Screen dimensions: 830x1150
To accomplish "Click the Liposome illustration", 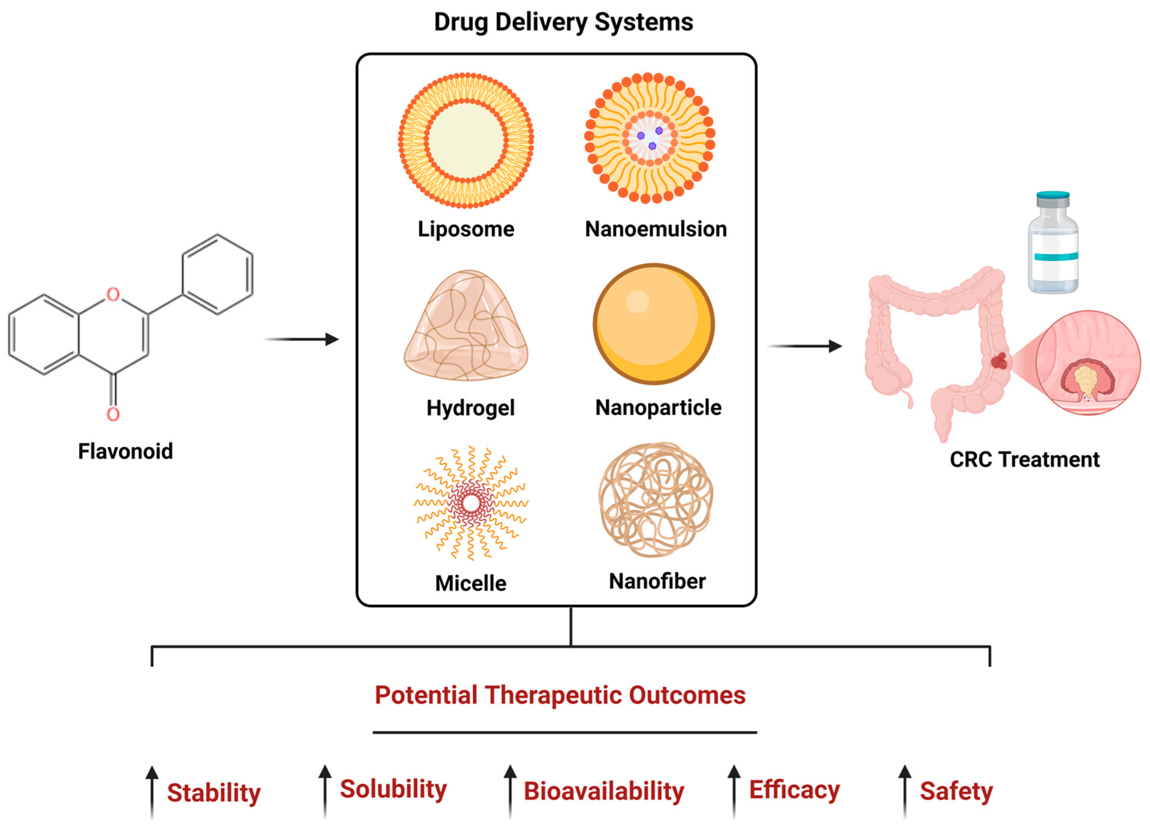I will pos(466,140).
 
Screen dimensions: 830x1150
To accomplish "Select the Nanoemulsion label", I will pos(656,229).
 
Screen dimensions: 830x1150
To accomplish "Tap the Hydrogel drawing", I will pos(466,327).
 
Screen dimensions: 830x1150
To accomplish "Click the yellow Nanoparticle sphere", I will pos(653,324).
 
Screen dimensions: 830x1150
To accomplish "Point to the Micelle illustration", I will pos(470,503).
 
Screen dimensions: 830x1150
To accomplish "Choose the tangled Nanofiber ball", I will pos(656,500).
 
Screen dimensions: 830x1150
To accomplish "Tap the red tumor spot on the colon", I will pos(1000,361).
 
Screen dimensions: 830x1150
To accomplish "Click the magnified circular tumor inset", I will pos(1088,363).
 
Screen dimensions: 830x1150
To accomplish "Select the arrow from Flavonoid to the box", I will pos(302,339).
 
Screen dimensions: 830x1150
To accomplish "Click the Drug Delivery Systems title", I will pos(564,22).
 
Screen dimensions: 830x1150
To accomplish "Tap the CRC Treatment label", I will pos(1024,459).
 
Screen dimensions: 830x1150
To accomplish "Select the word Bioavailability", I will pos(603,791).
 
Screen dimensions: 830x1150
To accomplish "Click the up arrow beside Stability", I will pos(152,791).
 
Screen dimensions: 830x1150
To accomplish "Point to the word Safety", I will pos(956,791).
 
